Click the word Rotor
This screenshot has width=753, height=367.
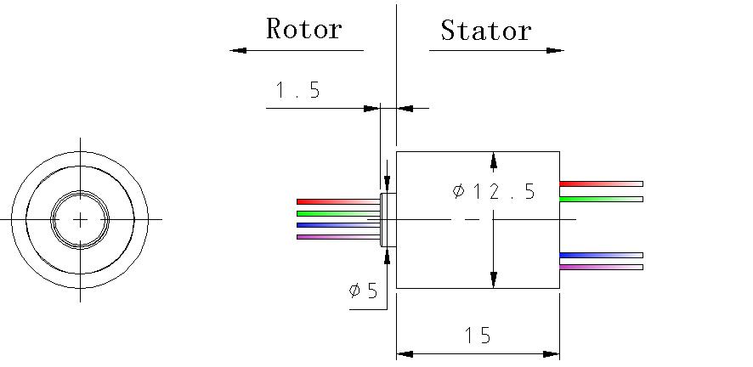303,29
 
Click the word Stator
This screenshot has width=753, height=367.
485,31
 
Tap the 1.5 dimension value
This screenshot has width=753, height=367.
297,90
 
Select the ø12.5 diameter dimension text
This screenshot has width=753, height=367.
494,191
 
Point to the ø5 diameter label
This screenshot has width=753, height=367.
363,291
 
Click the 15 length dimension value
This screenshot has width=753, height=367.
478,336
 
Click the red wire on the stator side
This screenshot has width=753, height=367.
600,183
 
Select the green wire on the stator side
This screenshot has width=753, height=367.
600,199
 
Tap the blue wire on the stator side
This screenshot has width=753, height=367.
600,255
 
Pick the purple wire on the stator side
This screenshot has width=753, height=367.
600,267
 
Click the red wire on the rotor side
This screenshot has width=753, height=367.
337,201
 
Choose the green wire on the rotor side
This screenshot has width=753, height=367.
337,213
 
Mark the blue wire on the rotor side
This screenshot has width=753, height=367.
337,225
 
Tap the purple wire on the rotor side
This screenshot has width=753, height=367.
337,237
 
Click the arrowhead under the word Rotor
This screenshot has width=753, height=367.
238,50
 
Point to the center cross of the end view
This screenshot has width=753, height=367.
80,219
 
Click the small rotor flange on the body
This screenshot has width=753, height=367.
388,220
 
